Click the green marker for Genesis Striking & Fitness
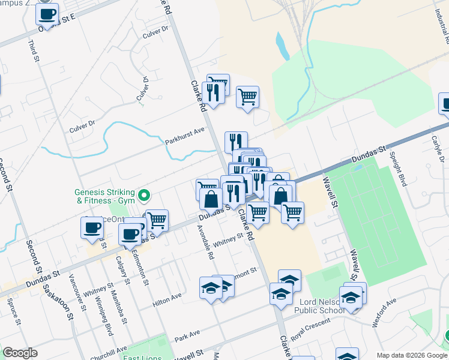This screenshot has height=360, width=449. (x=143, y=196)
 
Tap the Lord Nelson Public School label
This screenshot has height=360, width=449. (x=319, y=305)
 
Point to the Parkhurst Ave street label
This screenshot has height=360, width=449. (x=185, y=136)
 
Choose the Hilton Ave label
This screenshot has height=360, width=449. (x=167, y=300)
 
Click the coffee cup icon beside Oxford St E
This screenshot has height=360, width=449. (x=47, y=13)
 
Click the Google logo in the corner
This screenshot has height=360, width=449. (x=20, y=353)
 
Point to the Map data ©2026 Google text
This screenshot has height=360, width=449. (x=411, y=355)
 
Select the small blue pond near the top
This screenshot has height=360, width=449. (x=280, y=43)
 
